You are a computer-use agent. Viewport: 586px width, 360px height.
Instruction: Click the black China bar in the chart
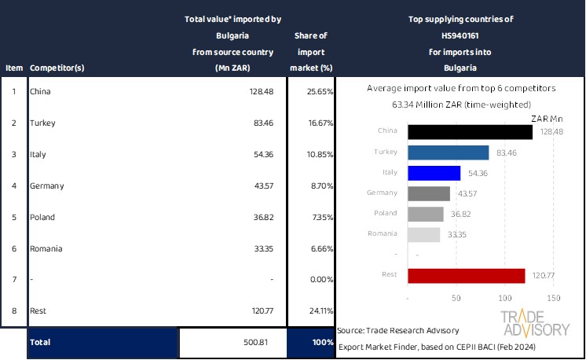tap(470, 132)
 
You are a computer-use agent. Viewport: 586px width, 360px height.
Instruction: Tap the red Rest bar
tap(466, 275)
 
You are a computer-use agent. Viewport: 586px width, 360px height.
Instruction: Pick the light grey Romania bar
tap(424, 234)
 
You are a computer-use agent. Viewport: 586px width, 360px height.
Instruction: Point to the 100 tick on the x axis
tap(504, 299)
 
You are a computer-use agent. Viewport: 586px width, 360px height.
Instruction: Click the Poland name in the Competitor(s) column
tap(42, 217)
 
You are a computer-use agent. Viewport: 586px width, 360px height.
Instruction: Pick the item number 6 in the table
tap(13, 248)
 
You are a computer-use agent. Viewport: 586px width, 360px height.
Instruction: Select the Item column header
tap(13, 68)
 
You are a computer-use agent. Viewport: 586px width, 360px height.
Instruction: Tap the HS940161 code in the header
tap(456, 35)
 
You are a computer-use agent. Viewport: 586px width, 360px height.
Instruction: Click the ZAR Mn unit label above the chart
tap(547, 119)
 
